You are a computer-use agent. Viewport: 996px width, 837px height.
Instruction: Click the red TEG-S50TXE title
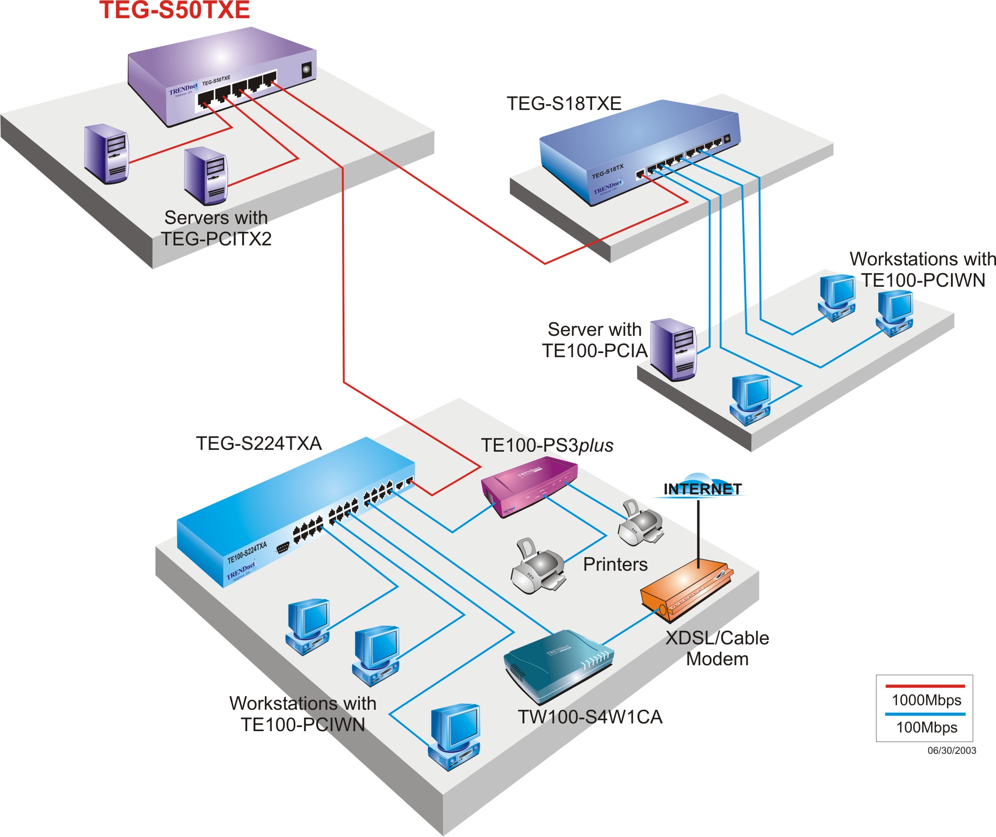coord(174,10)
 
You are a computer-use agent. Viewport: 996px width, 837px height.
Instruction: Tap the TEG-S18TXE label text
coord(564,104)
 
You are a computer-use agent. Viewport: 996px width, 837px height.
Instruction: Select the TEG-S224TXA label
coord(259,443)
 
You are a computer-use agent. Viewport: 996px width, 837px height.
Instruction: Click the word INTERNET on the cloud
coord(702,489)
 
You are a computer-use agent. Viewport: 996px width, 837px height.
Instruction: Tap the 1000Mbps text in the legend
coord(926,700)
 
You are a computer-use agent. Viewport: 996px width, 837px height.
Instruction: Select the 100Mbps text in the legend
coord(926,727)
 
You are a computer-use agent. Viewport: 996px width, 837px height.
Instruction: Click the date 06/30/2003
coord(951,751)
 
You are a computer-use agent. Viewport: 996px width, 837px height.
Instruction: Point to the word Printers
coord(615,564)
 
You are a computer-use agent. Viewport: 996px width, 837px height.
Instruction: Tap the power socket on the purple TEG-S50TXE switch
coord(307,70)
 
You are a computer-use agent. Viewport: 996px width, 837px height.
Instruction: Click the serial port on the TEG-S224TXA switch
coord(283,548)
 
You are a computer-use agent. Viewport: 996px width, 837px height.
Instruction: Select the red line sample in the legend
coord(924,686)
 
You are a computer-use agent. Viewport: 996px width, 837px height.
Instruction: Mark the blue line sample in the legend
coord(924,714)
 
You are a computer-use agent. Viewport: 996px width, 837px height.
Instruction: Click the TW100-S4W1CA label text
coord(589,717)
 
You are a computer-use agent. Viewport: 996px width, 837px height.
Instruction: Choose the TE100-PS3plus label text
coord(547,445)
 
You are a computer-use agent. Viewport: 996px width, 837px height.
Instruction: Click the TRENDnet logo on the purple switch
coord(183,89)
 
